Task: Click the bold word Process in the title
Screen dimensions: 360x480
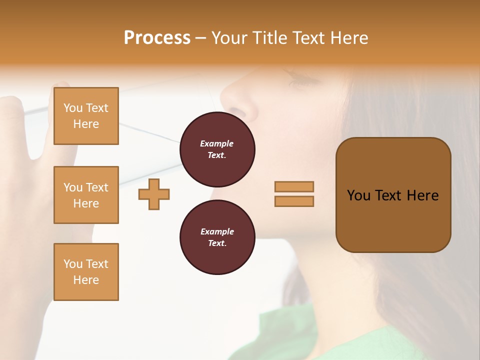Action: (x=157, y=38)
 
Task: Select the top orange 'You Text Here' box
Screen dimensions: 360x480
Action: (x=86, y=116)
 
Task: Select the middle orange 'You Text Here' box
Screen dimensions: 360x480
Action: (x=86, y=195)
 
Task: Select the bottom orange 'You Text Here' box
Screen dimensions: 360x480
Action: (x=86, y=272)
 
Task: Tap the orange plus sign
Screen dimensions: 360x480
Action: (x=154, y=194)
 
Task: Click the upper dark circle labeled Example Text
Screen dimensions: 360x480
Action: (x=217, y=149)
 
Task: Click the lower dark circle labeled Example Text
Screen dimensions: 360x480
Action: (x=217, y=237)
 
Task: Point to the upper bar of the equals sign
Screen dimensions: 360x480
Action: (x=294, y=186)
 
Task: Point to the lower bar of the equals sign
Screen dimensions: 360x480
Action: (x=294, y=201)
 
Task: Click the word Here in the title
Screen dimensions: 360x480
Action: (x=348, y=38)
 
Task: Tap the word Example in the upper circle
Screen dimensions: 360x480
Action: (x=217, y=143)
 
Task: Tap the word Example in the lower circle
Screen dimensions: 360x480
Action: (x=217, y=231)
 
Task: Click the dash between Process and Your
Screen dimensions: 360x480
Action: (x=201, y=38)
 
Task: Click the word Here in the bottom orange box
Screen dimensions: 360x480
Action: (x=86, y=280)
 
